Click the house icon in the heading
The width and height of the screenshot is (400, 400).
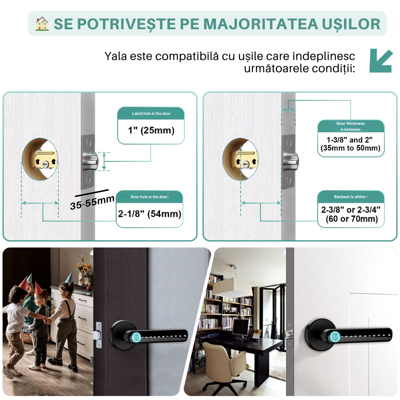point(42,24)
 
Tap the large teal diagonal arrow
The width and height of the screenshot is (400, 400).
point(381,60)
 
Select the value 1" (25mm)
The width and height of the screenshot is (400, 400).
point(151,130)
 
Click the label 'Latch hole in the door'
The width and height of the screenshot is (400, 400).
point(151,113)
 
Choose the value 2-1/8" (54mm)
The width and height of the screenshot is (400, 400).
point(150,214)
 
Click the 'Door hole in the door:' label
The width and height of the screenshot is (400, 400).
point(150,197)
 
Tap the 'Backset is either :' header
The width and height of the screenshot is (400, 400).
point(351,197)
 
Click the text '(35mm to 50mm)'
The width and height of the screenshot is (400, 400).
point(350,148)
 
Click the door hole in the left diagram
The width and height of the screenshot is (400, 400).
point(40,160)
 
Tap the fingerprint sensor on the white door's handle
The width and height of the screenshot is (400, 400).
point(335,337)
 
